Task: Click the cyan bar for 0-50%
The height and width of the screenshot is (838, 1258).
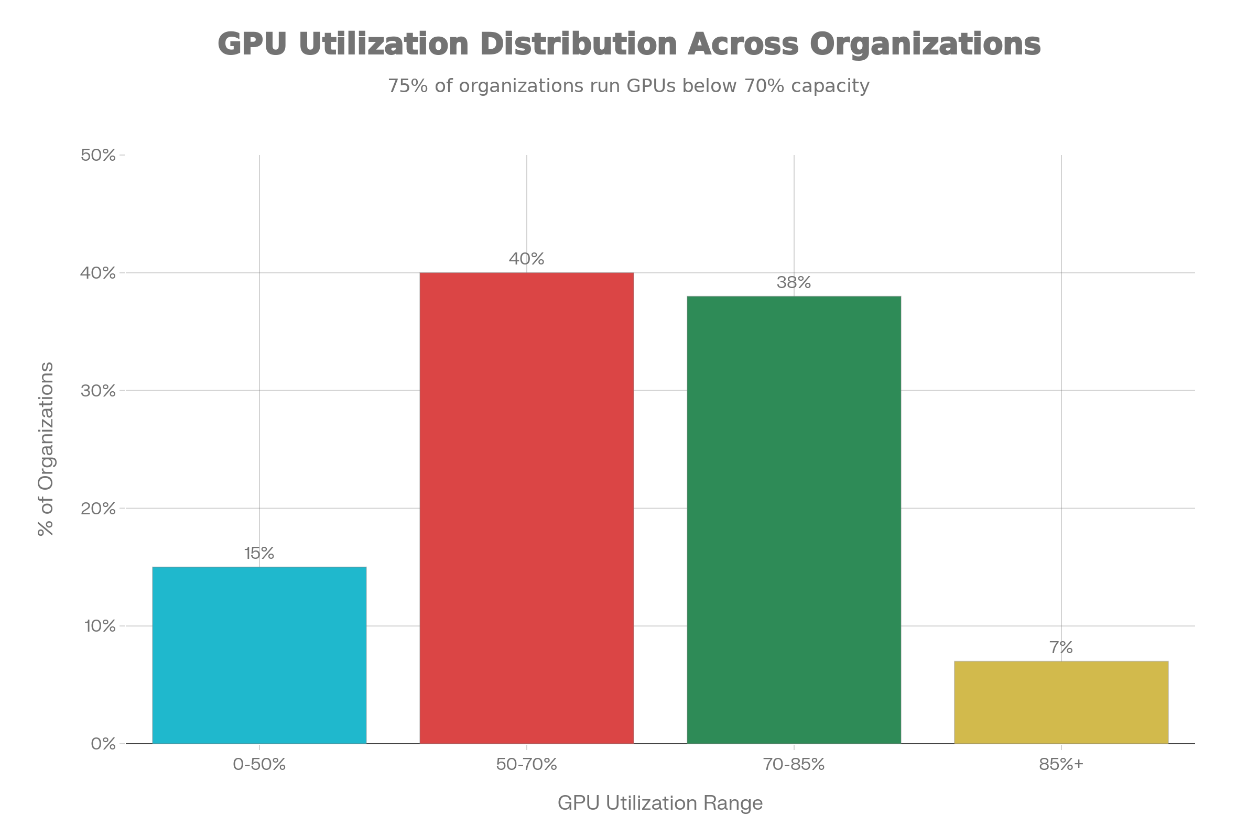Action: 259,655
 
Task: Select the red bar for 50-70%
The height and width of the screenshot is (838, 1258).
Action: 526,508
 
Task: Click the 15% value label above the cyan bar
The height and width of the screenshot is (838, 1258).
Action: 259,554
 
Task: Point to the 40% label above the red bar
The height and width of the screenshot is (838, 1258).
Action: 526,259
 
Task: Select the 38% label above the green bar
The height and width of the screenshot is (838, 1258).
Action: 794,283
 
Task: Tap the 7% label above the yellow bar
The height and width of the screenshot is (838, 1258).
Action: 1060,648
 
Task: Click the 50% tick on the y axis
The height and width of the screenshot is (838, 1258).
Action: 98,155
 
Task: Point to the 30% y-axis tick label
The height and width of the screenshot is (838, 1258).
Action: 98,391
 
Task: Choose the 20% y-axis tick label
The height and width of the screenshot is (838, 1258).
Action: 98,508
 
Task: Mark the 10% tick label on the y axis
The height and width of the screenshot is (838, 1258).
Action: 100,626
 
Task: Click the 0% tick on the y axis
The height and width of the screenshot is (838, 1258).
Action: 103,743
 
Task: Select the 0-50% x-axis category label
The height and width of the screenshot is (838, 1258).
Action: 259,764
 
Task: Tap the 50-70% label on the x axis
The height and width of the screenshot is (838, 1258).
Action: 526,764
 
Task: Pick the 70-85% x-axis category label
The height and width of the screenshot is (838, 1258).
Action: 794,764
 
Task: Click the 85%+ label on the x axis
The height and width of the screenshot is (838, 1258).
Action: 1060,764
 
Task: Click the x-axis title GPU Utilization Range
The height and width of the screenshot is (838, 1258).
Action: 660,803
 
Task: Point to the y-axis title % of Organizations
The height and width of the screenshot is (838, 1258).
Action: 46,449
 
